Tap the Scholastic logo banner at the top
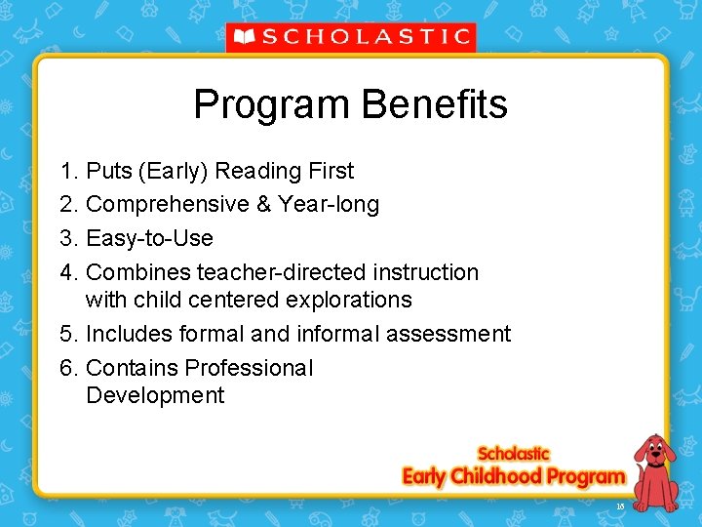click(x=351, y=37)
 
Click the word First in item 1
click(x=331, y=172)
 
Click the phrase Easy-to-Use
click(x=149, y=238)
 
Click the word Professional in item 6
click(x=249, y=368)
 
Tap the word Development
click(x=155, y=395)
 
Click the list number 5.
click(x=68, y=334)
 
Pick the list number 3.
click(x=68, y=238)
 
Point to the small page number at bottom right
click(x=620, y=506)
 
